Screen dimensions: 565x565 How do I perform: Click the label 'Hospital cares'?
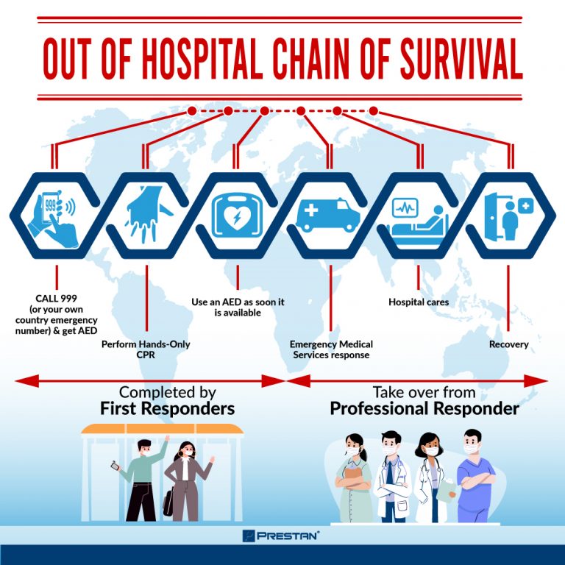[418, 302]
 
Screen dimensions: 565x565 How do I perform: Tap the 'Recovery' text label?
[508, 344]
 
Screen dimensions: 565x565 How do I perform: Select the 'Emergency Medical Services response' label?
[331, 349]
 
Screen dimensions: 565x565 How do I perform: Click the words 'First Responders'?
[167, 408]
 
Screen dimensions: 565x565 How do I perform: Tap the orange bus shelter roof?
[161, 428]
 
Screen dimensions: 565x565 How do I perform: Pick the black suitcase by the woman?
[168, 504]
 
